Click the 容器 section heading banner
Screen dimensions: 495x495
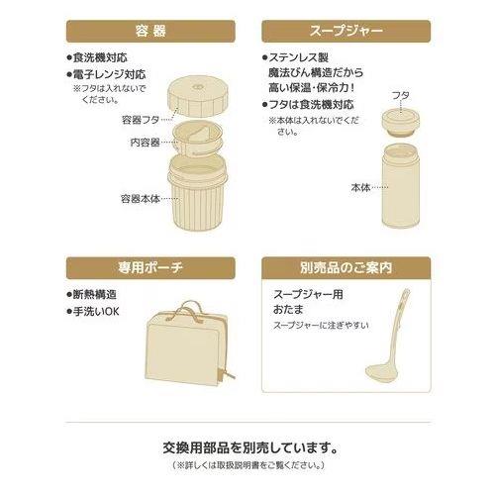(150, 32)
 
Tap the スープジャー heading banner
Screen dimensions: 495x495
(346, 32)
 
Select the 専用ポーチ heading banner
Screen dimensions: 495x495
(150, 267)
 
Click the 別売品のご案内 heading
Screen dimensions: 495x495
(346, 267)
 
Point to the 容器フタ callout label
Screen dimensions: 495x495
(141, 120)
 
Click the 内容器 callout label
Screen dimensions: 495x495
(145, 143)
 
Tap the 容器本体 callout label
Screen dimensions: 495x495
(141, 199)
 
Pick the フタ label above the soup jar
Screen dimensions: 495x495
(401, 96)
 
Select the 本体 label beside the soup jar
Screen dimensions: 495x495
(360, 188)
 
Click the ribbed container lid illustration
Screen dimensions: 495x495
(198, 96)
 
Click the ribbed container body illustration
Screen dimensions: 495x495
(197, 192)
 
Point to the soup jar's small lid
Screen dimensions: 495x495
(401, 123)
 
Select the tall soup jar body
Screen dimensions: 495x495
(401, 185)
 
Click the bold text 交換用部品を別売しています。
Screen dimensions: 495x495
(250, 447)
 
